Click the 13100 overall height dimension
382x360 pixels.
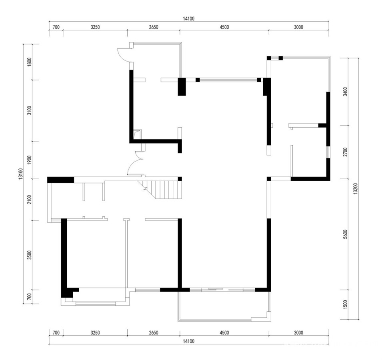click(x=20, y=174)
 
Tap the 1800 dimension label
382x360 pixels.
click(x=30, y=62)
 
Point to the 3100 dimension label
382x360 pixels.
click(x=30, y=110)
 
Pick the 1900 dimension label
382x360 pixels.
click(x=30, y=160)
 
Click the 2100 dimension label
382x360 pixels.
click(x=30, y=200)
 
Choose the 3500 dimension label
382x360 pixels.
click(x=30, y=255)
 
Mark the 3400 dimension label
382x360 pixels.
click(x=345, y=92)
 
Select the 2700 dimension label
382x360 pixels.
click(x=345, y=152)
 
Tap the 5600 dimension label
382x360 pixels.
click(x=345, y=234)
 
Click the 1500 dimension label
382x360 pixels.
click(x=345, y=304)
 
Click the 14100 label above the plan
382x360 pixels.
click(x=188, y=19)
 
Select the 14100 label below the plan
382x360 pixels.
click(x=188, y=341)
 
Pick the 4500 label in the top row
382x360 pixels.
click(x=224, y=27)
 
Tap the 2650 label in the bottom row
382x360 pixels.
click(x=154, y=333)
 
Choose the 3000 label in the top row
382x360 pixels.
click(x=298, y=27)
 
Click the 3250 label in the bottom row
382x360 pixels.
click(x=95, y=333)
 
